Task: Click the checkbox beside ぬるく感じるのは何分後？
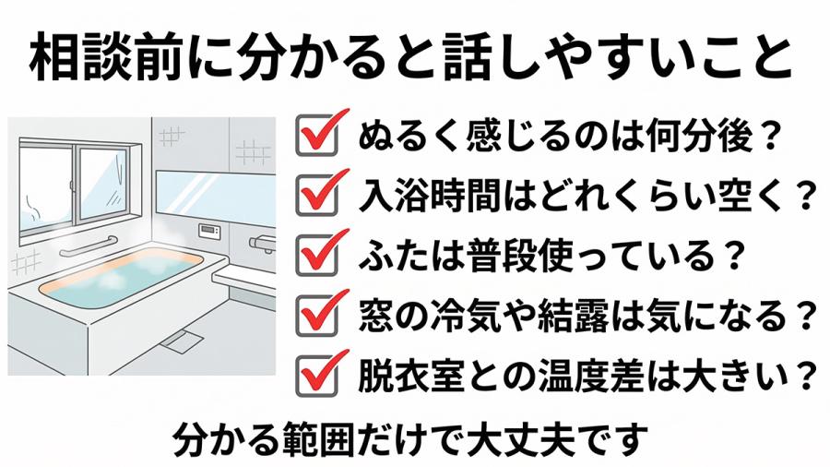click(x=313, y=138)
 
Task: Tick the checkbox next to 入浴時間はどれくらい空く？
click(x=313, y=195)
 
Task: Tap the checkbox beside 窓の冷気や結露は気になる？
click(x=313, y=314)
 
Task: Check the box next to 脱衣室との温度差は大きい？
click(x=313, y=373)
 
